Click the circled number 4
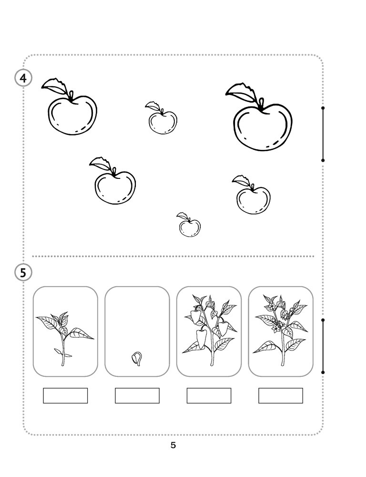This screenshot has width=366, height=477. pyautogui.click(x=23, y=78)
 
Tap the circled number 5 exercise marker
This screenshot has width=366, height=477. pyautogui.click(x=23, y=272)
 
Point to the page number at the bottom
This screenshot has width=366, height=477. pyautogui.click(x=173, y=446)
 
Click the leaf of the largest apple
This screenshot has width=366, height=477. pyautogui.click(x=242, y=92)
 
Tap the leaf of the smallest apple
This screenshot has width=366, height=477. pyautogui.click(x=183, y=216)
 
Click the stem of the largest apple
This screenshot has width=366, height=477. pyautogui.click(x=261, y=104)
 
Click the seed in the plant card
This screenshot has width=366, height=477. pyautogui.click(x=137, y=359)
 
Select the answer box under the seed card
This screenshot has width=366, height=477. pyautogui.click(x=137, y=395)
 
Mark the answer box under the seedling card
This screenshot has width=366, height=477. pyautogui.click(x=65, y=395)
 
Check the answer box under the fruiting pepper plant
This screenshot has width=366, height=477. pyautogui.click(x=209, y=395)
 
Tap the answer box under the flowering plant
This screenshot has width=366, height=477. pyautogui.click(x=281, y=395)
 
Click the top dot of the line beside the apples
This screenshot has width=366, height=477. pyautogui.click(x=323, y=108)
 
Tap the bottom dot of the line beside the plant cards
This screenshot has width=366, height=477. pyautogui.click(x=323, y=373)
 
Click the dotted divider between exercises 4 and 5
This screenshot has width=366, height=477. pyautogui.click(x=173, y=256)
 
